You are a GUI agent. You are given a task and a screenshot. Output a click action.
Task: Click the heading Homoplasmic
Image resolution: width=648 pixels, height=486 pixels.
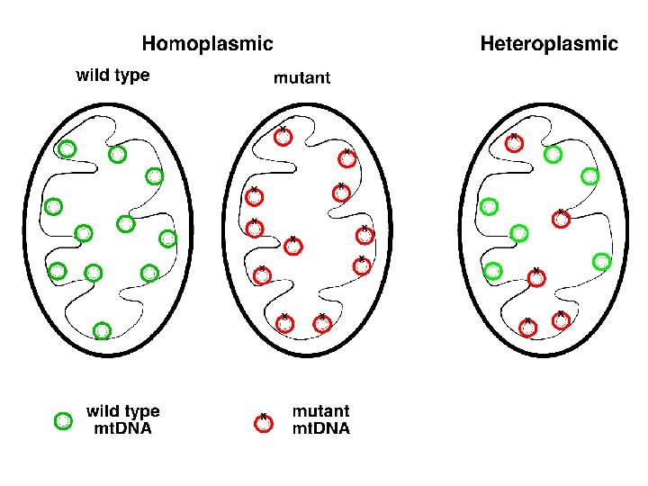click(207, 42)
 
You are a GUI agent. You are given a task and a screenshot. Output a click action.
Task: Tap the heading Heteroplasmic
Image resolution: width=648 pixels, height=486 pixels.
click(549, 42)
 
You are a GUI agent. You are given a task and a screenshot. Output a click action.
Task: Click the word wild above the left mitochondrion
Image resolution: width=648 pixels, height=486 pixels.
click(94, 76)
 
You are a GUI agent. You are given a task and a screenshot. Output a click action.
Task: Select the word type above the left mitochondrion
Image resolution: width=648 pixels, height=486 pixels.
click(132, 76)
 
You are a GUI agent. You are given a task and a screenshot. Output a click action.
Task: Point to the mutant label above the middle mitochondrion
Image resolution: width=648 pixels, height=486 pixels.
click(301, 77)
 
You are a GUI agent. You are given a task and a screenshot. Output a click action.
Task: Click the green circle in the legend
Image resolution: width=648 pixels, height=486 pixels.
click(63, 420)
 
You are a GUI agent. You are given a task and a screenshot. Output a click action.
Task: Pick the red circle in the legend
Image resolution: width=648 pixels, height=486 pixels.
click(264, 423)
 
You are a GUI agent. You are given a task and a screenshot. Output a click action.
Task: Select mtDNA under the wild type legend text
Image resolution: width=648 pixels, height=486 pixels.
click(123, 428)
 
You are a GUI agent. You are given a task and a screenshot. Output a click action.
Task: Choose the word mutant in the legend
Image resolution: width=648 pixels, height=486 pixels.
click(320, 412)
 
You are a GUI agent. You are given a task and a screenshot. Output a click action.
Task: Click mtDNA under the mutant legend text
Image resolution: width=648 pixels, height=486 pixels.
click(321, 428)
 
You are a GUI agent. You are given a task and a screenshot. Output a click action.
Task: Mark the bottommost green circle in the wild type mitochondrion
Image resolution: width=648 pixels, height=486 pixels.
click(102, 330)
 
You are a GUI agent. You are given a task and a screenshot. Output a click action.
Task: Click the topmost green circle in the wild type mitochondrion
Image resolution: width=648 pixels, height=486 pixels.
click(67, 148)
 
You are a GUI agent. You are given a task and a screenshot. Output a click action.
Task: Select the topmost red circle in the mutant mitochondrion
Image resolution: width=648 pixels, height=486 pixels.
click(283, 136)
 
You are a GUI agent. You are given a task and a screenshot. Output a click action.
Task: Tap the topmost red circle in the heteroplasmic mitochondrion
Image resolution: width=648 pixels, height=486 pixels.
click(514, 142)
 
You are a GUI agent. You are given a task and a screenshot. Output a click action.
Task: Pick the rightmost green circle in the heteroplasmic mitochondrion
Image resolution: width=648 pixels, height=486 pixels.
click(602, 262)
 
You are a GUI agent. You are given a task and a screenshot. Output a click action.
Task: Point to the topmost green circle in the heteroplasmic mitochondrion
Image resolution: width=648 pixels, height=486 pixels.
click(553, 155)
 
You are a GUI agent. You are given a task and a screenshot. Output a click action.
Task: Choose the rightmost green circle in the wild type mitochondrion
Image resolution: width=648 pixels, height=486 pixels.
click(167, 238)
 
